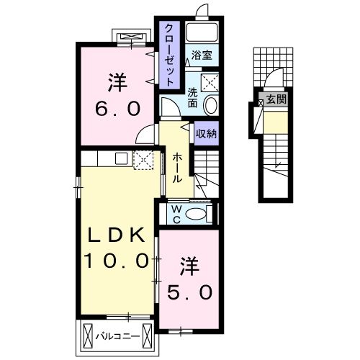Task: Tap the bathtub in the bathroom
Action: pyautogui.click(x=202, y=33)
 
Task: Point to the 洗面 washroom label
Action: pyautogui.click(x=192, y=97)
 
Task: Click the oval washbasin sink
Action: pyautogui.click(x=210, y=105)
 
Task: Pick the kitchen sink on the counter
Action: pyautogui.click(x=119, y=158)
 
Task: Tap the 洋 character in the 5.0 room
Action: pyautogui.click(x=189, y=265)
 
